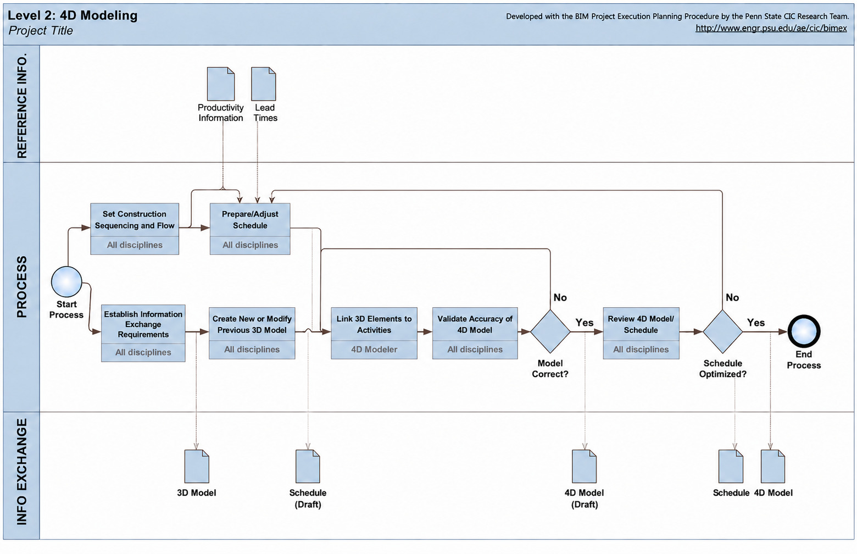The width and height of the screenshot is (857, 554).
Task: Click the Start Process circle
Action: (x=66, y=282)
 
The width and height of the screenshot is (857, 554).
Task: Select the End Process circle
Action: (x=804, y=331)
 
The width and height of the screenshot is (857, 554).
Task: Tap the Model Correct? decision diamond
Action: (x=550, y=331)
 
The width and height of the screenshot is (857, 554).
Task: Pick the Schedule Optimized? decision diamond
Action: (x=723, y=331)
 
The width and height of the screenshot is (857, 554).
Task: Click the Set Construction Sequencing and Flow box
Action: (x=135, y=229)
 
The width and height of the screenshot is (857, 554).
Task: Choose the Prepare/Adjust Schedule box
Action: (x=250, y=229)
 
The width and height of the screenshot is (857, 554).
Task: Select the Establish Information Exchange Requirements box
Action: (x=143, y=333)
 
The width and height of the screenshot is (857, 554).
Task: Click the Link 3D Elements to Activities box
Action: (x=374, y=333)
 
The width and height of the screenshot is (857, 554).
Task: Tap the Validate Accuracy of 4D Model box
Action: (x=475, y=333)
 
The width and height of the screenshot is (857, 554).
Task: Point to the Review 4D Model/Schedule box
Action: (x=641, y=333)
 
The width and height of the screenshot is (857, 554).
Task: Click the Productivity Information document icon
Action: (x=221, y=84)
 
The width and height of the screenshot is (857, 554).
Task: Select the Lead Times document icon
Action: (x=264, y=84)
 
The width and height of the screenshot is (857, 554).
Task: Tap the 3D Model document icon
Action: (x=197, y=466)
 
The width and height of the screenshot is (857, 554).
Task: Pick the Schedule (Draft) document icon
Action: (x=308, y=466)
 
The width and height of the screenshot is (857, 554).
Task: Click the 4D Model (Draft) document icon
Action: (x=584, y=466)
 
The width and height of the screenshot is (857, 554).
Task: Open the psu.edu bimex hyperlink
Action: (x=771, y=29)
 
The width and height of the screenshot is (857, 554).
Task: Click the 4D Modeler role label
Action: (x=374, y=349)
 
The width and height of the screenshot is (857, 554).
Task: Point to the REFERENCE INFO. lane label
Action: (x=22, y=106)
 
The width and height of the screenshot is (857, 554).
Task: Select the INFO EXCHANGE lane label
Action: (x=22, y=472)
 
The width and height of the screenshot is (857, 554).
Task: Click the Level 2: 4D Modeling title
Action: (x=73, y=15)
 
